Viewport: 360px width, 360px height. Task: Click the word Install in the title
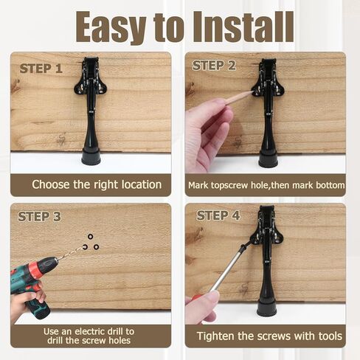pos(233,27)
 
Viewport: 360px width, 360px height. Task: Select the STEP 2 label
pos(214,66)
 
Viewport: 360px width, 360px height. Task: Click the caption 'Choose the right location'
pos(97,184)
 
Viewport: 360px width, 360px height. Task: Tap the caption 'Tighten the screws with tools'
pos(269,336)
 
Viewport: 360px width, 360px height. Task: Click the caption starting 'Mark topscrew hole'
pos(266,184)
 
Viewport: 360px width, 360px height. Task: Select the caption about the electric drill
pos(89,336)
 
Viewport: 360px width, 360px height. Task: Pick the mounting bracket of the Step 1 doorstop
pos(91,78)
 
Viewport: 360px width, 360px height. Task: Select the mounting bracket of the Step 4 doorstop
pos(266,225)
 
